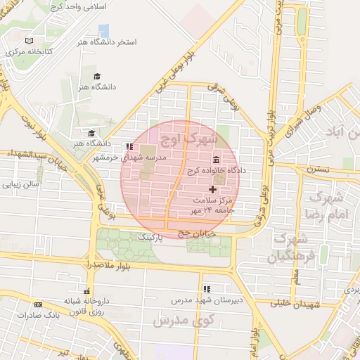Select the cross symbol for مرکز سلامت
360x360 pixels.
point(213,189)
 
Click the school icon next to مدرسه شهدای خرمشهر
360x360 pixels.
point(129,146)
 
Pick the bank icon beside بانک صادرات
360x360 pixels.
point(38,304)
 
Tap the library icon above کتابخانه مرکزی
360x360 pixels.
point(28,41)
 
